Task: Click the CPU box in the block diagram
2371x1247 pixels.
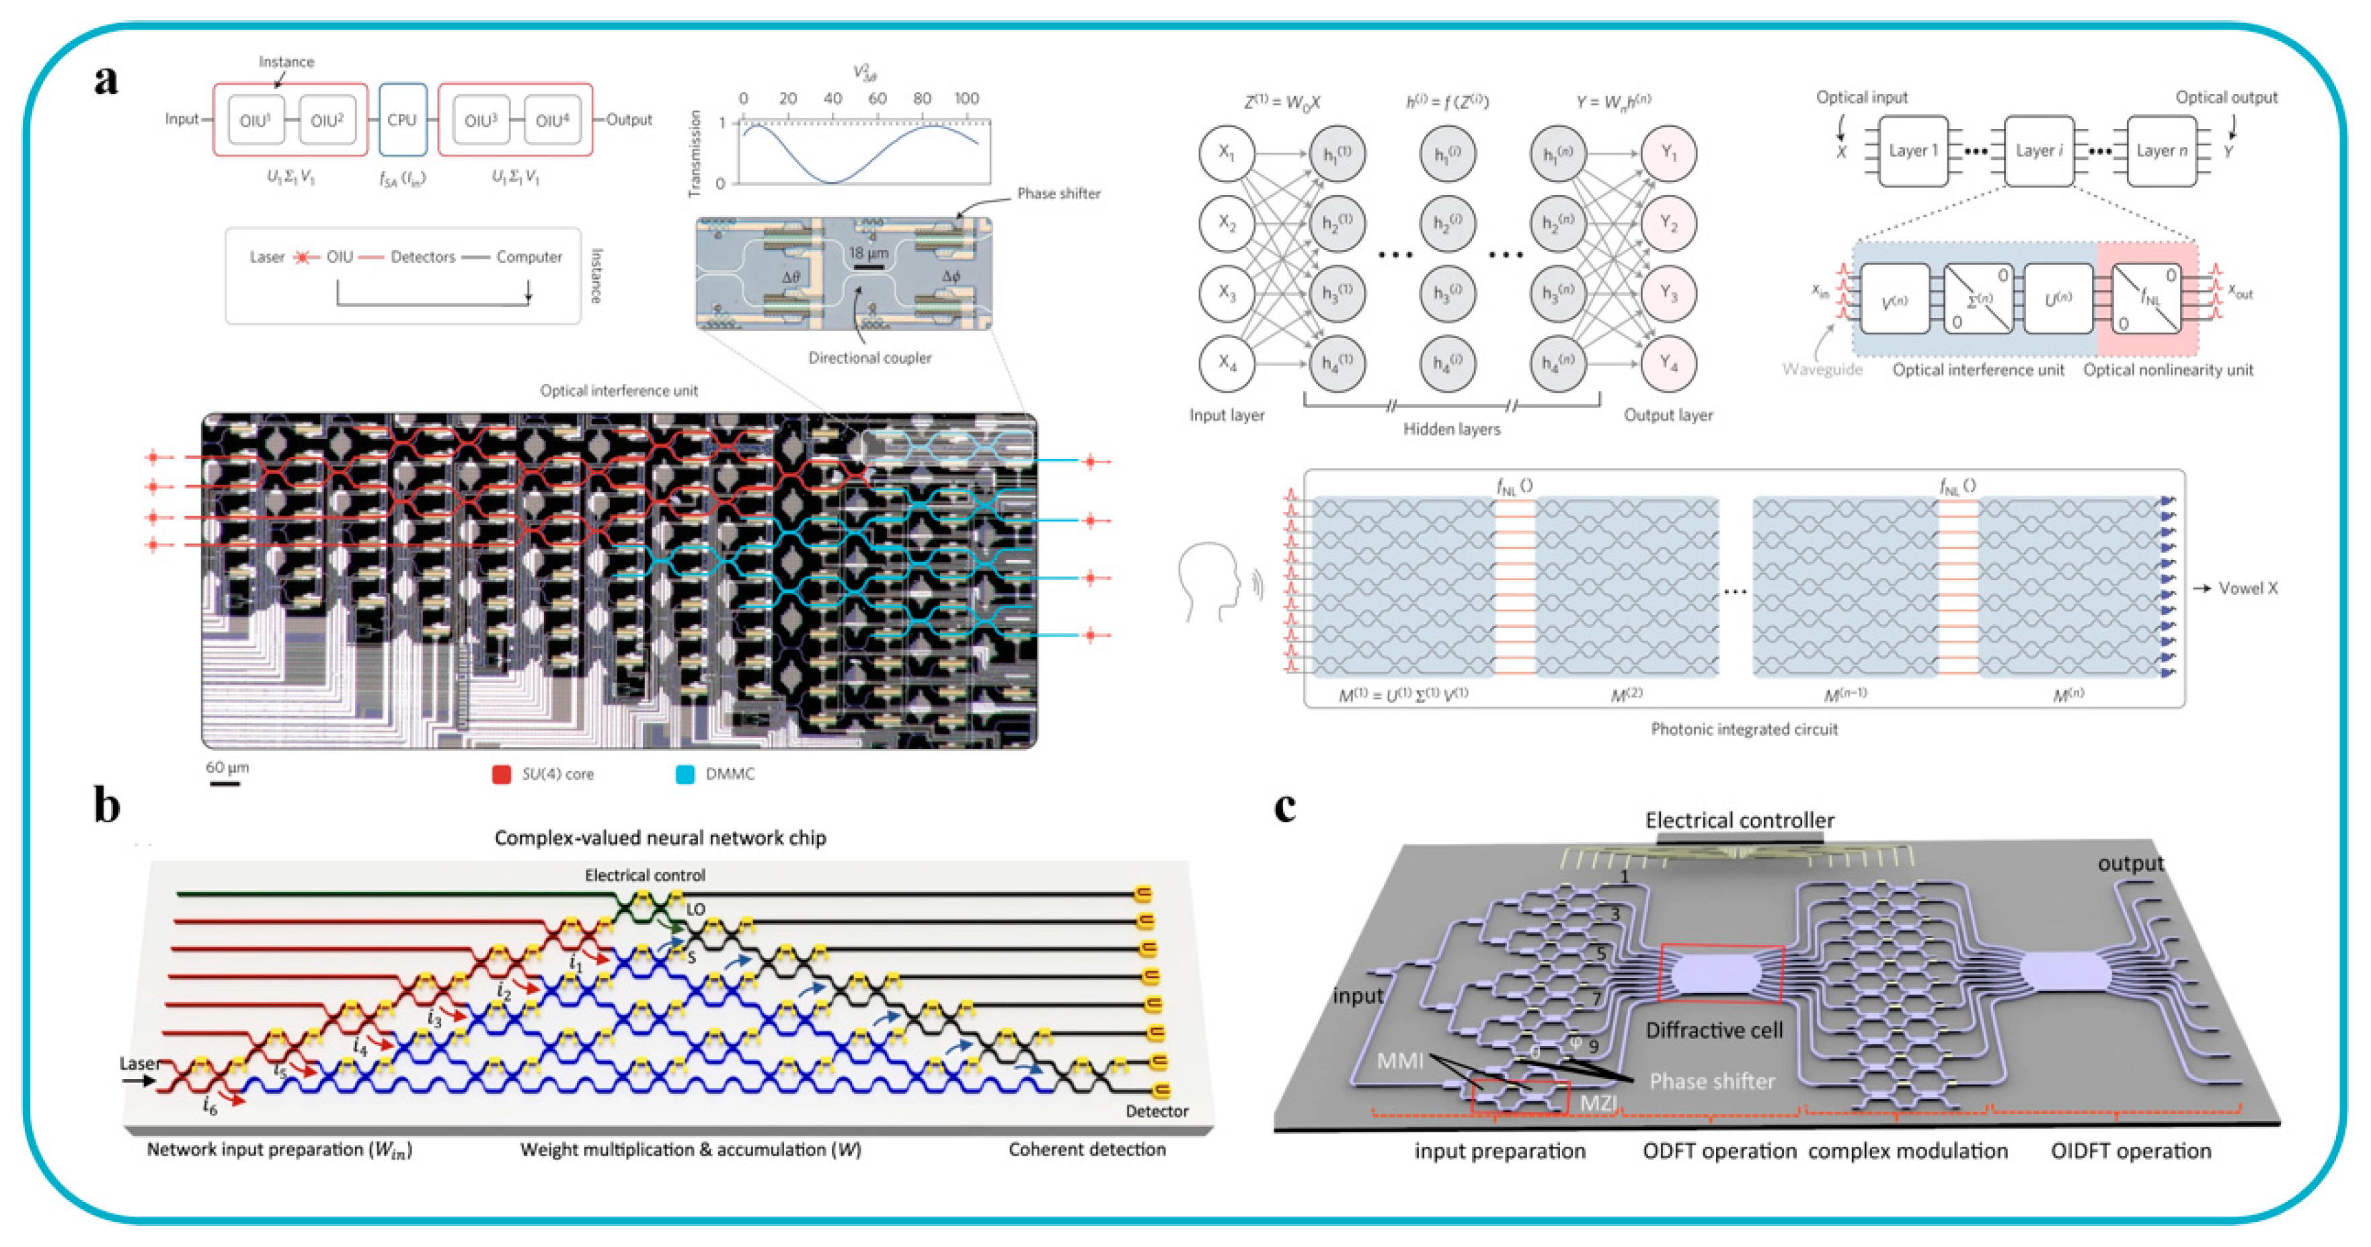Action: coord(402,120)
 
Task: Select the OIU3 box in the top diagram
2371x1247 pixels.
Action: coord(481,120)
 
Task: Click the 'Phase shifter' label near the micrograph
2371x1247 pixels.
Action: coord(1058,193)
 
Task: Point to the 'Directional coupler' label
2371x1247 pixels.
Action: coord(870,358)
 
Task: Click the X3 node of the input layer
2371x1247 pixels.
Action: coord(1227,292)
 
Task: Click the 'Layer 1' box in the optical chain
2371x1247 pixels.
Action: coord(1912,151)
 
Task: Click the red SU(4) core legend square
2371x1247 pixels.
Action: coord(502,774)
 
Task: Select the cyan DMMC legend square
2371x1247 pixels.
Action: coord(685,774)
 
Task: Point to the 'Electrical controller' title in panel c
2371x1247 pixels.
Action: coord(1740,820)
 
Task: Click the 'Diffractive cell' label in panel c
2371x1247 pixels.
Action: coord(1714,1030)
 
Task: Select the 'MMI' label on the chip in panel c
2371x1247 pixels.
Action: coord(1400,1061)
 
